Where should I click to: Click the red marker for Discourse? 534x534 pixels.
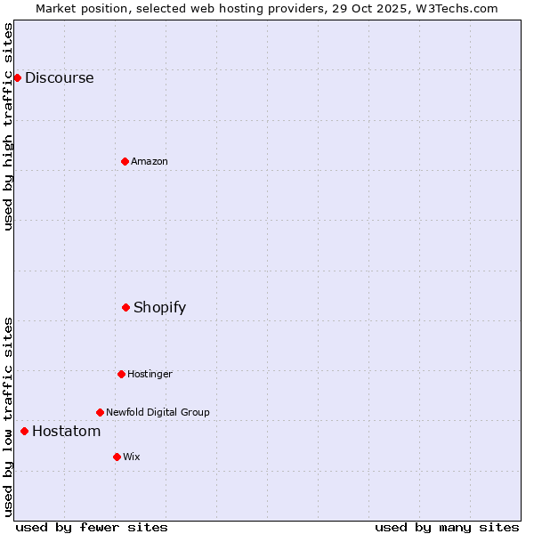tap(17, 77)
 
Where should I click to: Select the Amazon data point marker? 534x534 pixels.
tap(125, 161)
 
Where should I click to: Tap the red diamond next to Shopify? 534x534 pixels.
tap(125, 307)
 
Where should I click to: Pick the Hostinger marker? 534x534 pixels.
tap(121, 374)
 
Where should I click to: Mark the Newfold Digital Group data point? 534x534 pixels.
tap(100, 412)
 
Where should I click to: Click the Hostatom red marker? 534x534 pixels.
tap(24, 431)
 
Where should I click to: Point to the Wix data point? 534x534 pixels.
tap(117, 457)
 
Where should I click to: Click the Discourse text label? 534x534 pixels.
tap(59, 77)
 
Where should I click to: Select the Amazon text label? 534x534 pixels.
tap(150, 161)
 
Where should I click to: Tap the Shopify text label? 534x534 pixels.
tap(159, 307)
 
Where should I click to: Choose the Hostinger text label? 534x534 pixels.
tap(150, 374)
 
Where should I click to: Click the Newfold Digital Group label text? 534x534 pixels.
tap(158, 412)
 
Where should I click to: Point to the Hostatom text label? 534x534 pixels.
tap(66, 431)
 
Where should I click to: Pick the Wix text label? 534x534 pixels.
tap(132, 457)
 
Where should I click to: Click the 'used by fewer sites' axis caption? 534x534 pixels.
tap(92, 527)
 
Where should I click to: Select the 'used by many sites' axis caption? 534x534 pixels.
tap(447, 527)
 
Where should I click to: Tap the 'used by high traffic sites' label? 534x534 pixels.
tap(9, 126)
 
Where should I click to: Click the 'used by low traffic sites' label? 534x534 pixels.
tap(9, 417)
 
